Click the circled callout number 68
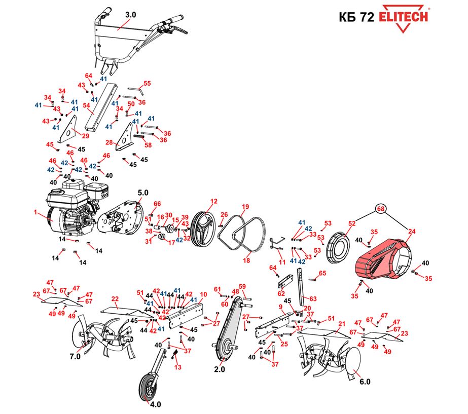(x=381, y=209)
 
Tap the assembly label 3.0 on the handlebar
(x=130, y=15)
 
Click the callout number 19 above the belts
(x=245, y=207)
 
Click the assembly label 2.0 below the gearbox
(x=220, y=369)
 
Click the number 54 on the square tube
(x=86, y=105)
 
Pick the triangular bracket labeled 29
(x=68, y=129)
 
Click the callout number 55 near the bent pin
(x=147, y=83)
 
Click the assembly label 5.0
(x=142, y=193)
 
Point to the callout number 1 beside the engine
(x=35, y=212)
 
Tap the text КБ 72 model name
(x=356, y=17)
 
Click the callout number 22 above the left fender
(x=115, y=298)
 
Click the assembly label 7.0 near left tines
(x=75, y=356)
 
